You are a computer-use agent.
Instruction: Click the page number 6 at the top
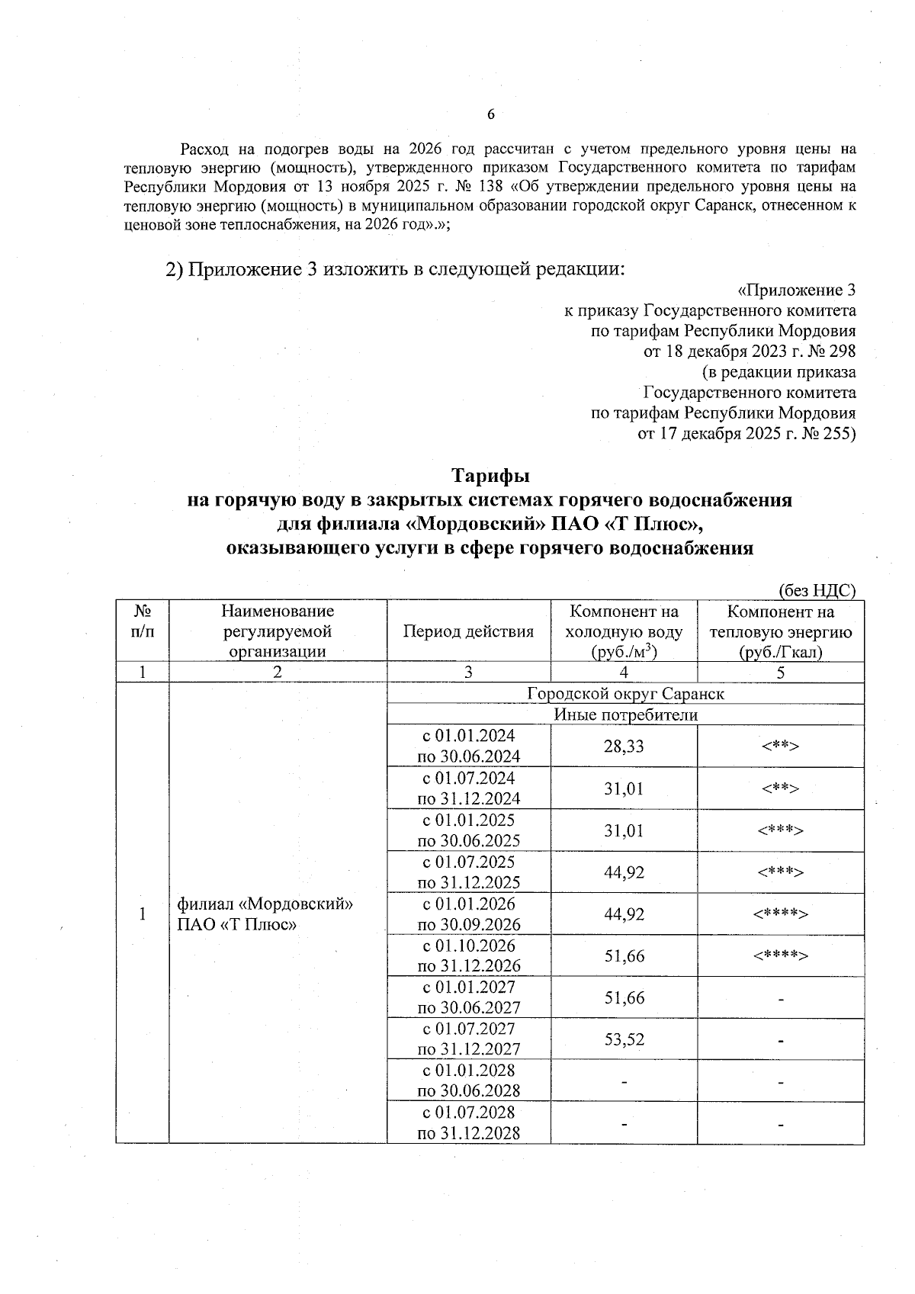(x=490, y=114)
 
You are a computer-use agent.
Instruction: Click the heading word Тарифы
(x=490, y=476)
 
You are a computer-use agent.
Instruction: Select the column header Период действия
(x=468, y=631)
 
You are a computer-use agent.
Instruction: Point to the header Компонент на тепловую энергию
(x=781, y=631)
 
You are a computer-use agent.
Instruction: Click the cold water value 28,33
(x=624, y=747)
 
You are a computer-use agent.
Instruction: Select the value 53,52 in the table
(x=624, y=1039)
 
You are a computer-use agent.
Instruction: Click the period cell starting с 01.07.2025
(x=469, y=872)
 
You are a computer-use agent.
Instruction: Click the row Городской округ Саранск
(x=625, y=694)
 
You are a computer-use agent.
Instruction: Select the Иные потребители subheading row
(x=625, y=715)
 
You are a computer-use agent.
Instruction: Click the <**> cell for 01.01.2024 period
(x=781, y=747)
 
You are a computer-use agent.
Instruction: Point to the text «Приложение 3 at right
(x=796, y=291)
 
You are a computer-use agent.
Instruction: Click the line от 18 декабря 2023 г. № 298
(x=750, y=352)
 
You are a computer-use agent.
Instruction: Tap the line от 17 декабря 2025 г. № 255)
(x=746, y=434)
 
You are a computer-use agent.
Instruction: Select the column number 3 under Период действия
(x=468, y=673)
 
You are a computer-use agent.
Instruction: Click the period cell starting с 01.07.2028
(x=469, y=1122)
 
